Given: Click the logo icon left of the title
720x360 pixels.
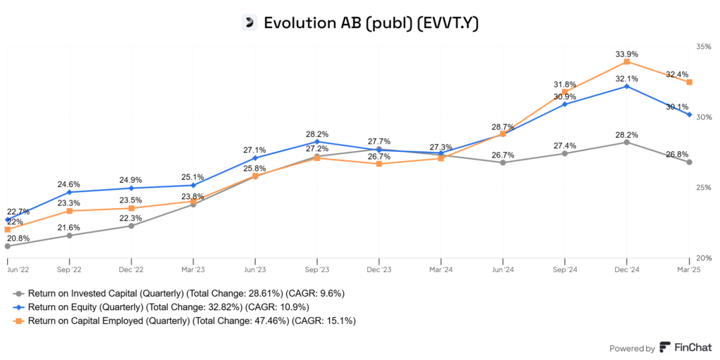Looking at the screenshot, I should click(248, 22).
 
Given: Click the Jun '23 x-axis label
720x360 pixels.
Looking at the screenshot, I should click(255, 269).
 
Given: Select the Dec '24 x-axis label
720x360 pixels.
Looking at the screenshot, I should click(626, 269).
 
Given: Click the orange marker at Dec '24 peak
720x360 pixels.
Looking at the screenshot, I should click(626, 62).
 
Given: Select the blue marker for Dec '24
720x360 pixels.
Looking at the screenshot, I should click(626, 86).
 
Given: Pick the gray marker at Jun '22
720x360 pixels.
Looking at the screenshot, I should click(8, 246).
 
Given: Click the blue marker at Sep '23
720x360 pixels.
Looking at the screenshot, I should click(317, 141).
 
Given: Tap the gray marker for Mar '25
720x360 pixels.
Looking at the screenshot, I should click(689, 162).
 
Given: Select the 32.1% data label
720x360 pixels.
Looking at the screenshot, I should click(626, 78).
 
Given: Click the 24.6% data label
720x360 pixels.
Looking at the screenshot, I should click(69, 184).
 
